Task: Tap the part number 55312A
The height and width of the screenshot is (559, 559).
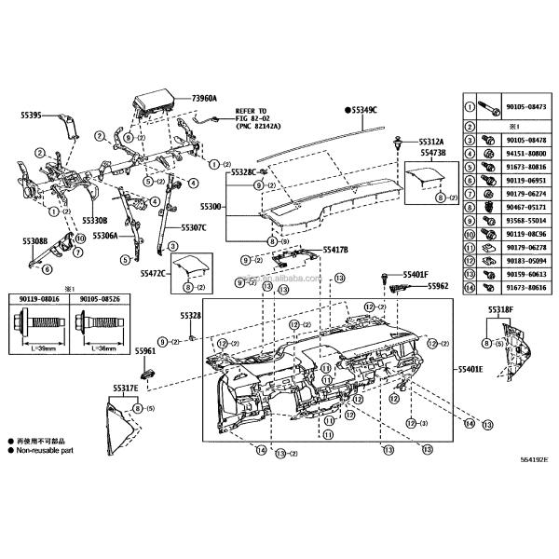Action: (431, 142)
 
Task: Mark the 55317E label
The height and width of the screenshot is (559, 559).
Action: (126, 387)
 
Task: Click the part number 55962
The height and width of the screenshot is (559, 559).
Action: (438, 286)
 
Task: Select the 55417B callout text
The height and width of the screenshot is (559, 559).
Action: (334, 251)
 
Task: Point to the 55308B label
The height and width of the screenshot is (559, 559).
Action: (34, 240)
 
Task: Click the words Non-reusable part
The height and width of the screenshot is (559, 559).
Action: (47, 449)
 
